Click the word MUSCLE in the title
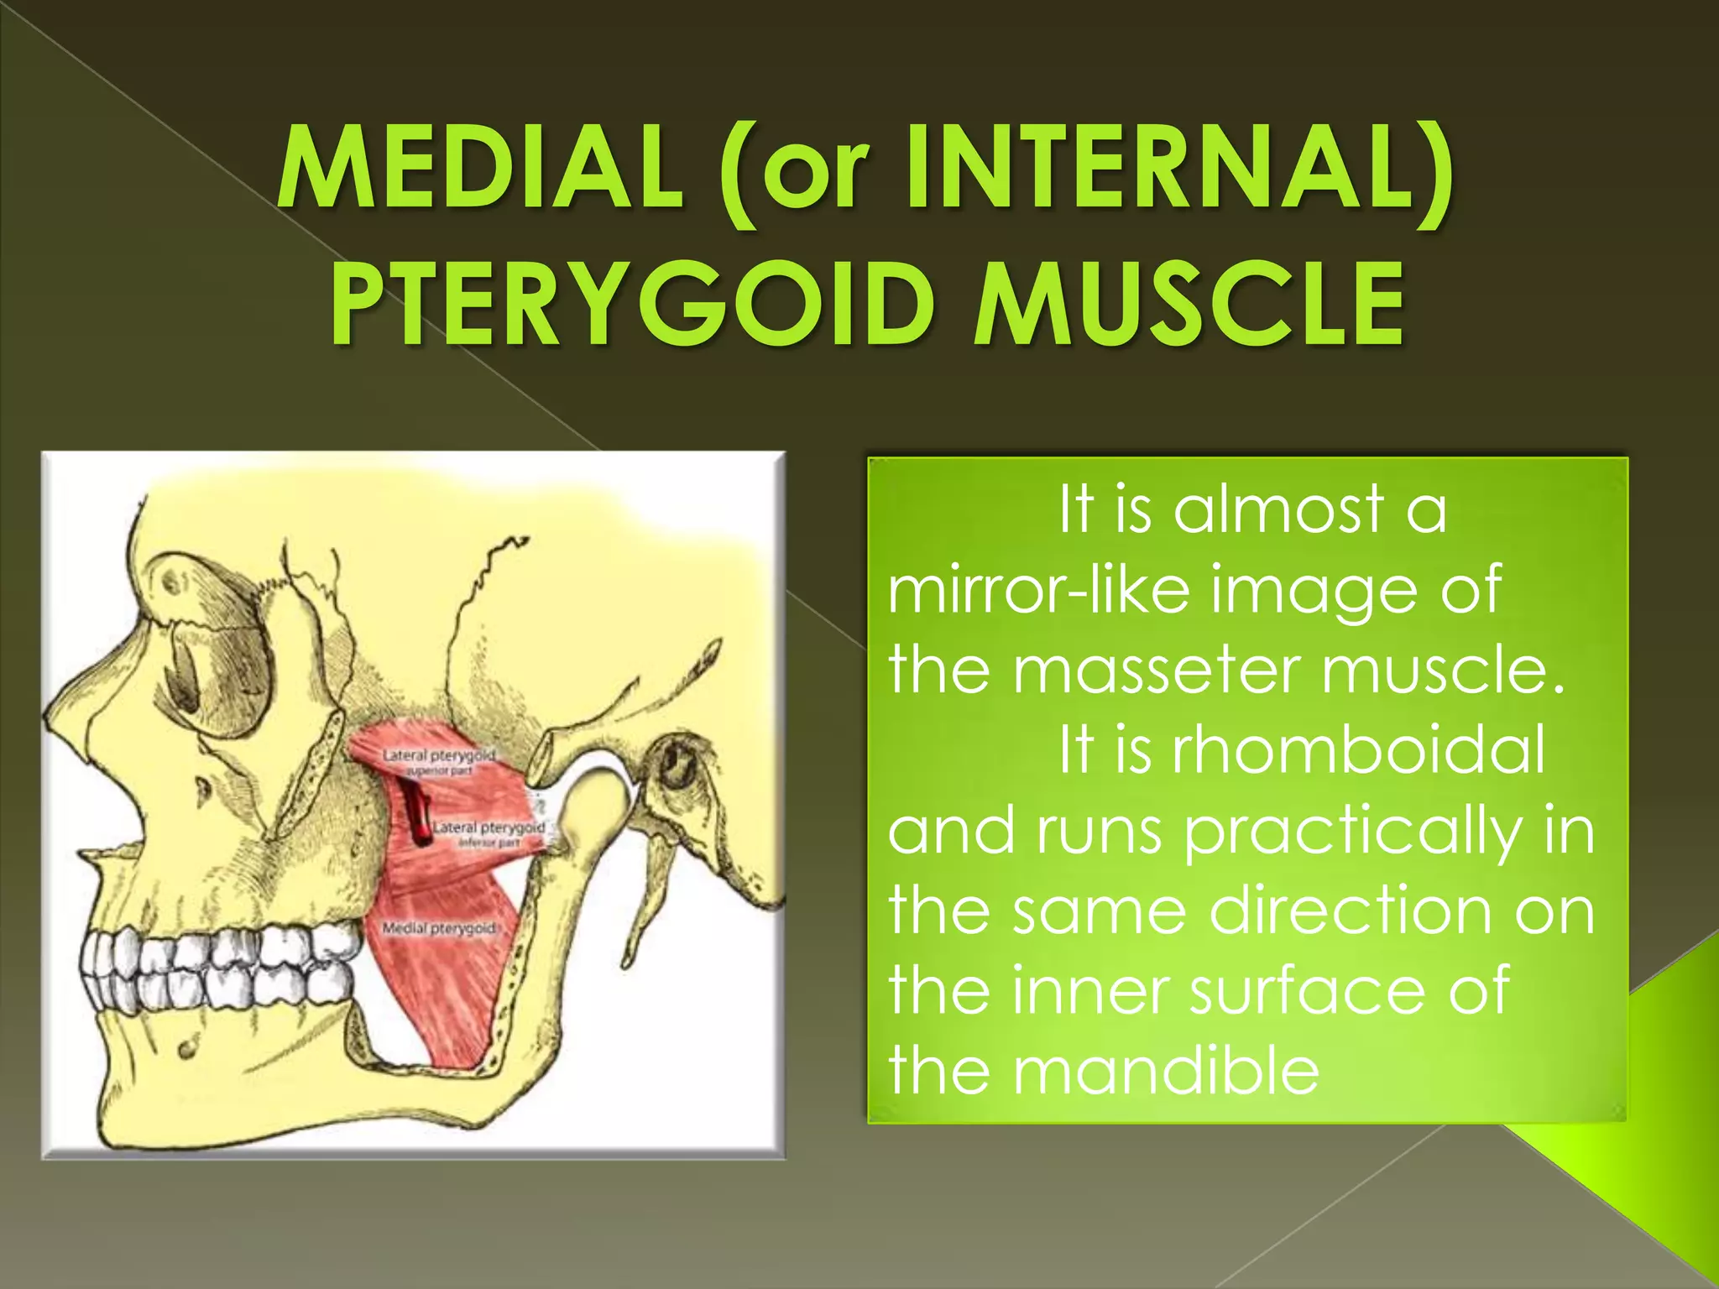tap(1187, 304)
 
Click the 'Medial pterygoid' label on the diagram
tap(438, 928)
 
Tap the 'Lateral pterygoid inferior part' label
tap(489, 833)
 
